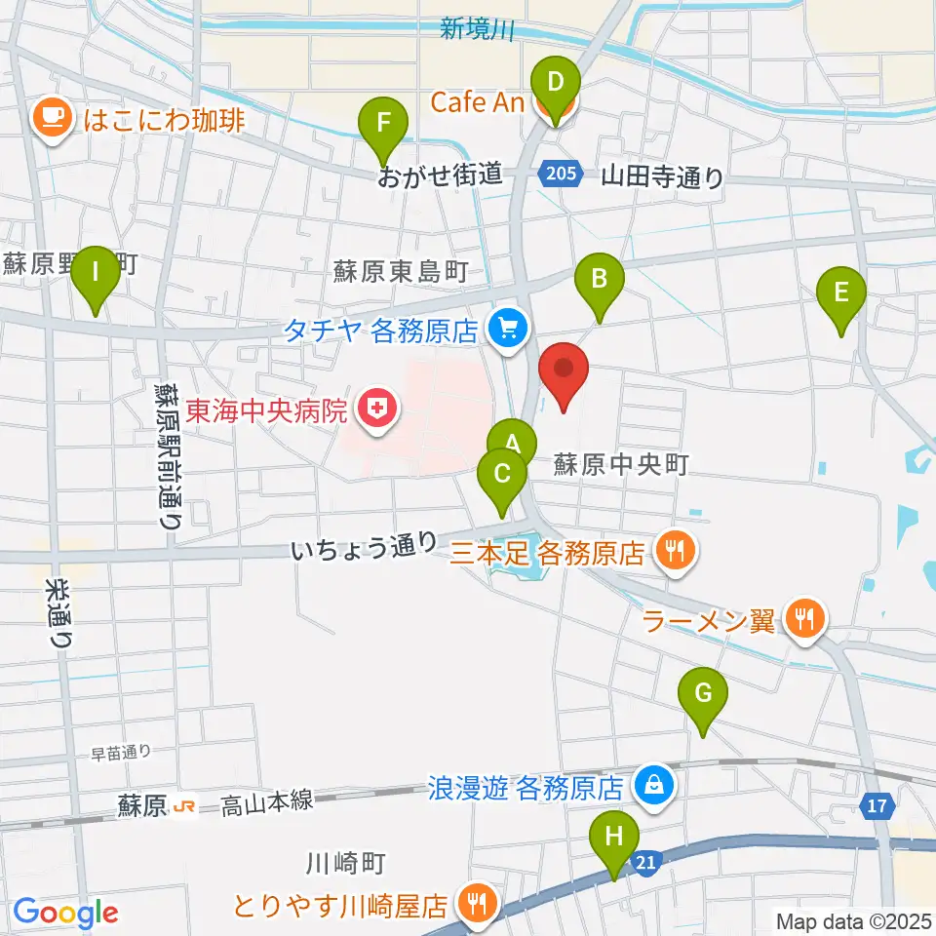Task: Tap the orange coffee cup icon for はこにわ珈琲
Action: pyautogui.click(x=51, y=120)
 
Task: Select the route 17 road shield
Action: pyautogui.click(x=877, y=805)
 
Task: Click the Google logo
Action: pyautogui.click(x=65, y=913)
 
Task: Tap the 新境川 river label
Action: pyautogui.click(x=477, y=30)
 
